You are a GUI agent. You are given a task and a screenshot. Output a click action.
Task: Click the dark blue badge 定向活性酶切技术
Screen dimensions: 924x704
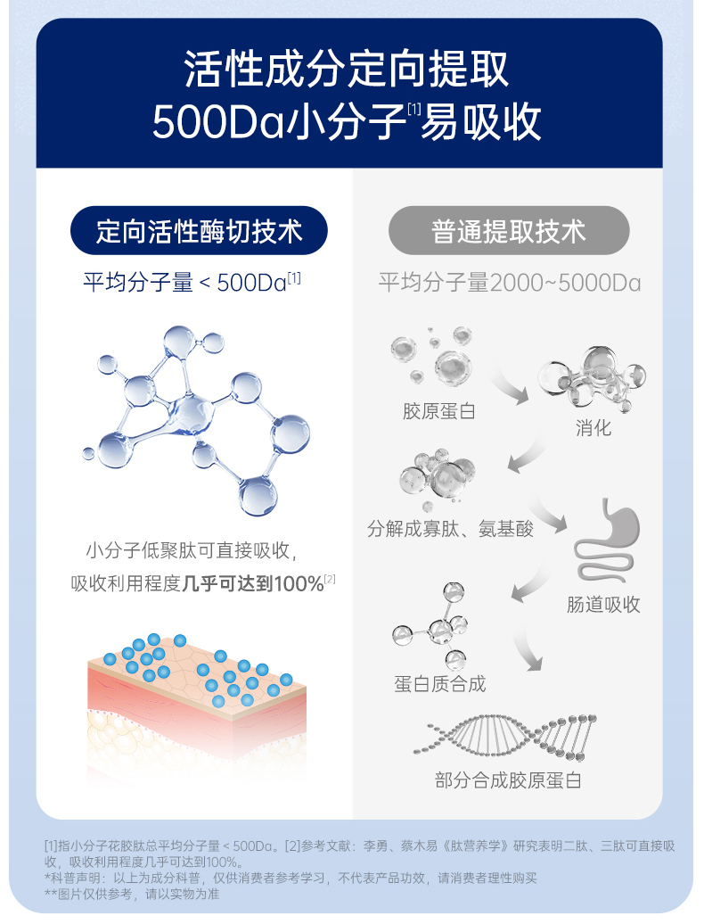click(199, 232)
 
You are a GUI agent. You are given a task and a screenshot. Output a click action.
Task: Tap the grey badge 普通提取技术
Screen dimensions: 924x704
click(509, 232)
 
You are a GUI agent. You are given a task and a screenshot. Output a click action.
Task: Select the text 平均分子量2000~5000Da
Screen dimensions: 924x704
click(509, 284)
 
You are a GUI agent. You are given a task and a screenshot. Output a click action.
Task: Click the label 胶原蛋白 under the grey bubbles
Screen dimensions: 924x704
click(439, 411)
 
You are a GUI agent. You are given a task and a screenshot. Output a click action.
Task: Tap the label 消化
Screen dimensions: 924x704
click(593, 428)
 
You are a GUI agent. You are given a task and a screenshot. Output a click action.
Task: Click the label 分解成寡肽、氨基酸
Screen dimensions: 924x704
click(451, 528)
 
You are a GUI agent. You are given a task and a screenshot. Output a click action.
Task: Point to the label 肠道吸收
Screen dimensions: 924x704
click(603, 605)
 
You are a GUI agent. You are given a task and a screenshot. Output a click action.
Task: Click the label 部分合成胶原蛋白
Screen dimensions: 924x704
click(508, 780)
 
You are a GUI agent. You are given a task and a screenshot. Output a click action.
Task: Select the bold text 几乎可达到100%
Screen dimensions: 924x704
click(252, 584)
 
